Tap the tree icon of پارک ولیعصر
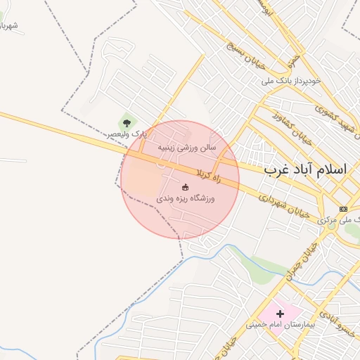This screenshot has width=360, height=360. click(127, 124)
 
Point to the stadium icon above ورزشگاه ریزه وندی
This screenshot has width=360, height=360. click(185, 187)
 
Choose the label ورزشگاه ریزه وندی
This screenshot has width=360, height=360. click(185, 199)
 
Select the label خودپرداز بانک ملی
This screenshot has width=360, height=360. click(291, 81)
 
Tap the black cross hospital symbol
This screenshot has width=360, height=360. click(280, 314)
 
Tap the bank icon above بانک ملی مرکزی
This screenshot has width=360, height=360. click(343, 209)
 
